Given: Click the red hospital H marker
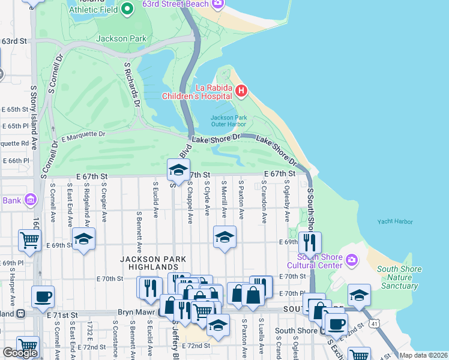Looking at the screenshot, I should [241, 91].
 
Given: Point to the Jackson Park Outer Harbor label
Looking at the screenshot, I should [229, 121].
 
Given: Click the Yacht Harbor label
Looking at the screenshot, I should [395, 221].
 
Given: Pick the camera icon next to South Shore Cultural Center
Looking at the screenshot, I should [352, 260].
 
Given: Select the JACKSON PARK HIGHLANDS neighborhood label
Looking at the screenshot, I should [152, 263].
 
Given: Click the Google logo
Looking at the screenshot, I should [19, 353].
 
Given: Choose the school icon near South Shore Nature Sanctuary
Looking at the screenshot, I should [359, 295].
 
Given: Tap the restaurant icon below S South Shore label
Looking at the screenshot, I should [310, 242].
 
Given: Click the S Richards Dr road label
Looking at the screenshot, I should [132, 85].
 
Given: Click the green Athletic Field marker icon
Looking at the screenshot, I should [127, 9].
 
